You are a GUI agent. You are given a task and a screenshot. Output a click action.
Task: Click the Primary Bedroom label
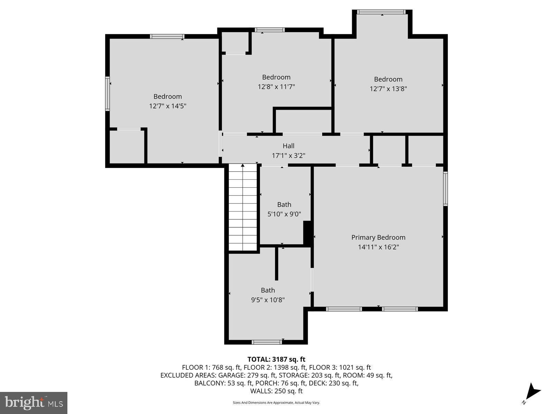pyautogui.click(x=378, y=237)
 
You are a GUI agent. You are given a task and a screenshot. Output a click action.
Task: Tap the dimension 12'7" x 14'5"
pyautogui.click(x=168, y=106)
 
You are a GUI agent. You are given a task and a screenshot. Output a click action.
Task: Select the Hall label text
pyautogui.click(x=288, y=146)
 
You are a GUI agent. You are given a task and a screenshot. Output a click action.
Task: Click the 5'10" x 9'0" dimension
pyautogui.click(x=284, y=214)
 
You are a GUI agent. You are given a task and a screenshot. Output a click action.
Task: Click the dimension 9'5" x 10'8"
pyautogui.click(x=268, y=300)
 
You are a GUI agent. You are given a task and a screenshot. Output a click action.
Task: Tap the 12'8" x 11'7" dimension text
pyautogui.click(x=276, y=87)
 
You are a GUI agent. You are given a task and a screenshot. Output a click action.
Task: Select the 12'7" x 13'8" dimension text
pyautogui.click(x=388, y=89)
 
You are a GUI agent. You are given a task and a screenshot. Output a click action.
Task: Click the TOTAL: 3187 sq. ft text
pyautogui.click(x=276, y=359)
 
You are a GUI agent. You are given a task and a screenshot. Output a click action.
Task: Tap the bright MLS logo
pyautogui.click(x=34, y=403)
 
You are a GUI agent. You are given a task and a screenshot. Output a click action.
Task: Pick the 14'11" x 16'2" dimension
pyautogui.click(x=378, y=247)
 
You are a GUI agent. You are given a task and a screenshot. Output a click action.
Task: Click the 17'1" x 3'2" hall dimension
pyautogui.click(x=288, y=156)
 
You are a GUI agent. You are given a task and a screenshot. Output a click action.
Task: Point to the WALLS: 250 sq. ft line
pyautogui.click(x=276, y=391)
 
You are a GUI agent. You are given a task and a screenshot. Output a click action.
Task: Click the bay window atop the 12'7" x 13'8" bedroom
pyautogui.click(x=381, y=12)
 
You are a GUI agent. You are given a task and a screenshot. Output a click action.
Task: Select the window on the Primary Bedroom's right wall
pyautogui.click(x=446, y=189)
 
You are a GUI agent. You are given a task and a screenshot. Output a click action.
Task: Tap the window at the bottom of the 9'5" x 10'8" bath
pyautogui.click(x=266, y=342)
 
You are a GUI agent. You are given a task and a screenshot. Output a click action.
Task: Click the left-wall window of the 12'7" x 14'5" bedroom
pyautogui.click(x=107, y=93)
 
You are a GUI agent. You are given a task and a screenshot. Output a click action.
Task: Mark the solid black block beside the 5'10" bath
pyautogui.click(x=307, y=233)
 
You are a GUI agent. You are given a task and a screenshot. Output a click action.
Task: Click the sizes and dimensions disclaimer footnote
pyautogui.click(x=276, y=403)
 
